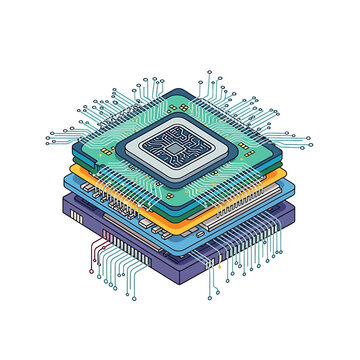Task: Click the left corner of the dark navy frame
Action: [x=109, y=148]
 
